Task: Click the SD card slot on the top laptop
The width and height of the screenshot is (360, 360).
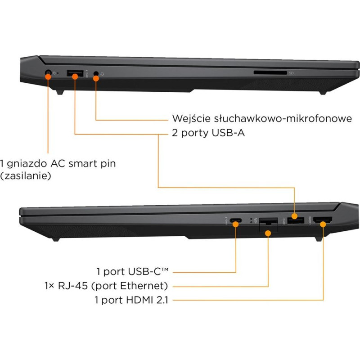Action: pyautogui.click(x=270, y=73)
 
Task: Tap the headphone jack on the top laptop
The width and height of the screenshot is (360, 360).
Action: pyautogui.click(x=96, y=73)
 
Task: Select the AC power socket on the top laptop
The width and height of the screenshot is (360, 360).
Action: pyautogui.click(x=48, y=72)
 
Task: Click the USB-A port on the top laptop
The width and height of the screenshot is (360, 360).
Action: pyautogui.click(x=75, y=73)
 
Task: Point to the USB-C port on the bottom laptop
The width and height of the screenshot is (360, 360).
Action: pyautogui.click(x=235, y=220)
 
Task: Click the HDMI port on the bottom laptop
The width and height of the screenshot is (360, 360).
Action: pyautogui.click(x=323, y=220)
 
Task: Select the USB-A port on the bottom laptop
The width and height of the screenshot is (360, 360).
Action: pyautogui.click(x=296, y=220)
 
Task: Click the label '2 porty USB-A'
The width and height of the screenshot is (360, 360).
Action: pyautogui.click(x=208, y=133)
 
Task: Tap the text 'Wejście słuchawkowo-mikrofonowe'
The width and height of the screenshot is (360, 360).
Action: pyautogui.click(x=262, y=118)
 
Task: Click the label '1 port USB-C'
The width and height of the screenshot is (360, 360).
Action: pyautogui.click(x=132, y=271)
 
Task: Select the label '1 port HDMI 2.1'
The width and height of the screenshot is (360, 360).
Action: pyautogui.click(x=131, y=300)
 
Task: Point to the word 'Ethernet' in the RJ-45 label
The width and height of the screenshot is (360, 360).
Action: pyautogui.click(x=144, y=286)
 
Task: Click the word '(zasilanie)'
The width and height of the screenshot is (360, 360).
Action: pyautogui.click(x=26, y=176)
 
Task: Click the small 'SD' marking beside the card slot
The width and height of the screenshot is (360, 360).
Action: pyautogui.click(x=291, y=73)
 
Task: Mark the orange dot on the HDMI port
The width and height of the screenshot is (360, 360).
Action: pyautogui.click(x=323, y=224)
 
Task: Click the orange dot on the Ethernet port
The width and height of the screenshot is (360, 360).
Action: pyautogui.click(x=268, y=233)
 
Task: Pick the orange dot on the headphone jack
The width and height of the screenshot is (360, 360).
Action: pyautogui.click(x=96, y=78)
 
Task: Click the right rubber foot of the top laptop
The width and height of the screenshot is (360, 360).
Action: pyautogui.click(x=323, y=93)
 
